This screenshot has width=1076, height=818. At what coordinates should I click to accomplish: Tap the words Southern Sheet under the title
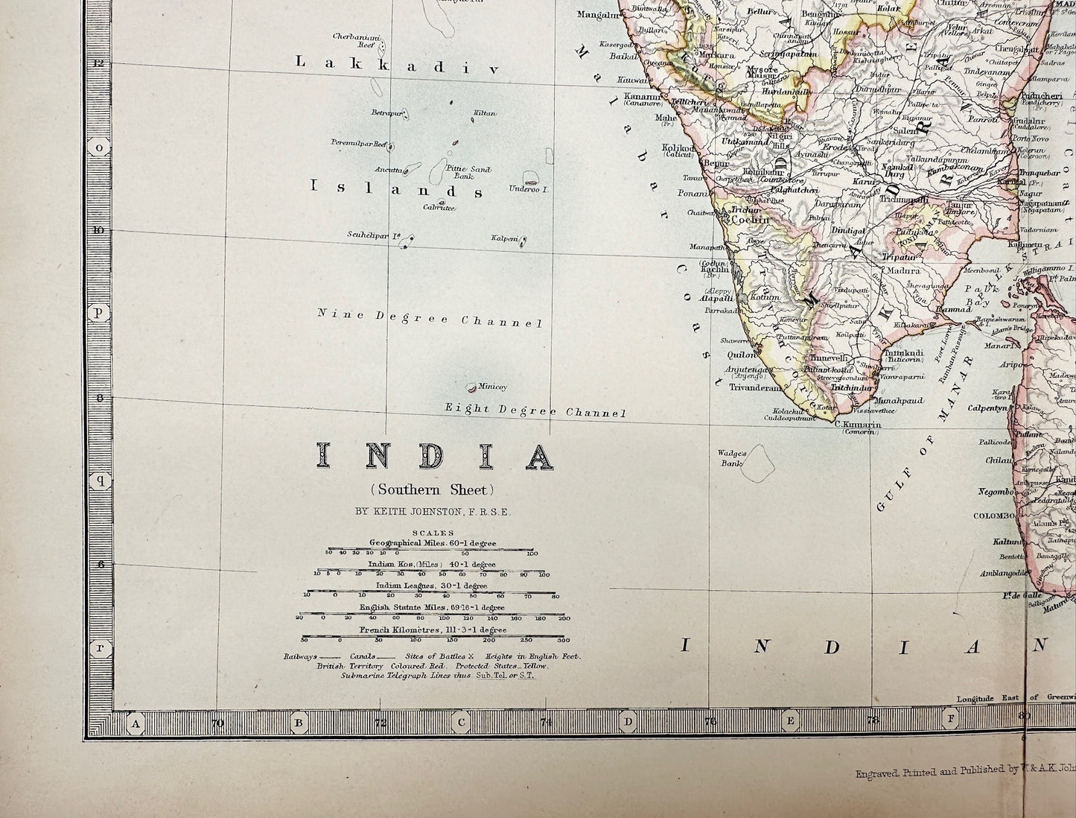pyautogui.click(x=433, y=489)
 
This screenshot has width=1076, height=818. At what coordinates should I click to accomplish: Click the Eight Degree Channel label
pyautogui.click(x=535, y=410)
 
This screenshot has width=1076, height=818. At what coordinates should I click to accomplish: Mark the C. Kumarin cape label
pyautogui.click(x=858, y=425)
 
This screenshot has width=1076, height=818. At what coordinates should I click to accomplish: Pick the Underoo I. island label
pyautogui.click(x=529, y=190)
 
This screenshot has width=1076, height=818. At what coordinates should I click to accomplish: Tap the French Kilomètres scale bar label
pyautogui.click(x=433, y=630)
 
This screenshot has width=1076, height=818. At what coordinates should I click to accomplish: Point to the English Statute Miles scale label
pyautogui.click(x=432, y=607)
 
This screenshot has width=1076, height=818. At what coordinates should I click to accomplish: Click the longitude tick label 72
pyautogui.click(x=380, y=723)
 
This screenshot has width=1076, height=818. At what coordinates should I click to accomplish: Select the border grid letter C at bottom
pyautogui.click(x=462, y=722)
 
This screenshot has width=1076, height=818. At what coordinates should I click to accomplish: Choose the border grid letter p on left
pyautogui.click(x=98, y=313)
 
